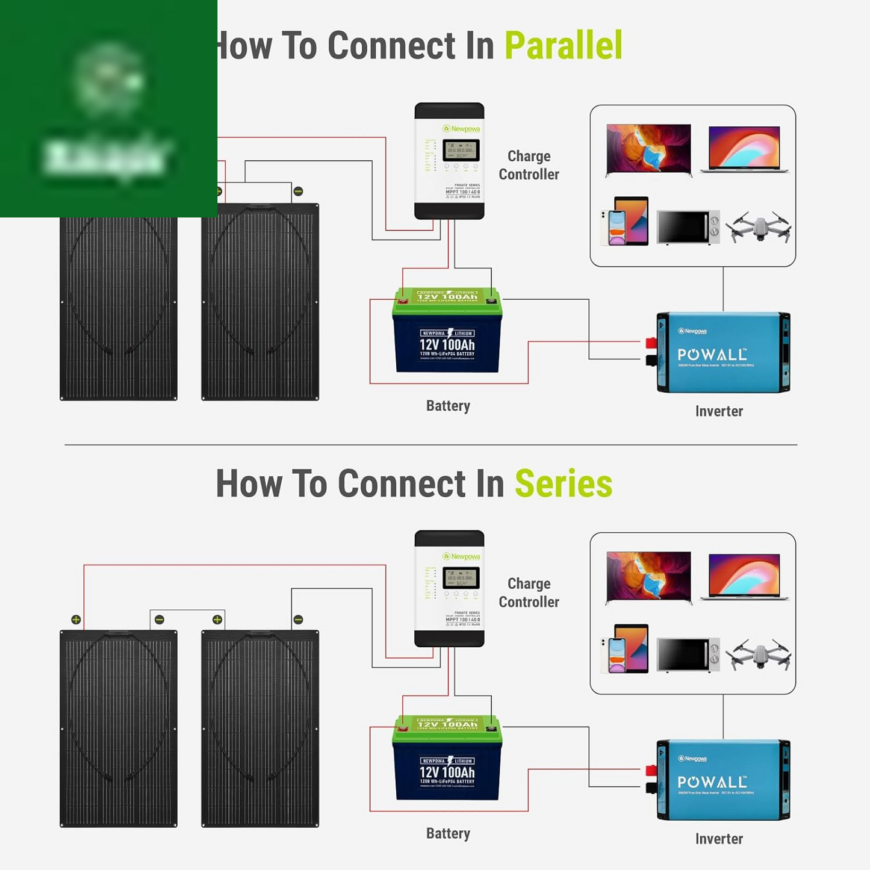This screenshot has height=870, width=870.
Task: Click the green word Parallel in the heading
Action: [x=563, y=46]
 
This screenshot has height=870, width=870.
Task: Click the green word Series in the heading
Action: [x=564, y=484]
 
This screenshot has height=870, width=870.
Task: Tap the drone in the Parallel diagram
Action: [x=758, y=227]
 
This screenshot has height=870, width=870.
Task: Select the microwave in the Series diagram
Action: [x=688, y=654]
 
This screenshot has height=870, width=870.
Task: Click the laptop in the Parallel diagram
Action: [x=745, y=149]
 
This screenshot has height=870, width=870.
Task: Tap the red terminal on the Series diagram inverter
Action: [x=651, y=771]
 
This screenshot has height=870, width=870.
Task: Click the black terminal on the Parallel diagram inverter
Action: [x=651, y=360]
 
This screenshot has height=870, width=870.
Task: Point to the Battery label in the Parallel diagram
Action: [x=448, y=406]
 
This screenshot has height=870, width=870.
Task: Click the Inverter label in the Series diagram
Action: [x=719, y=839]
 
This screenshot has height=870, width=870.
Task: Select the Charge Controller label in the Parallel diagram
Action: [x=529, y=166]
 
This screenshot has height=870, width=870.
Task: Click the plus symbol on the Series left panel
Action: [x=76, y=620]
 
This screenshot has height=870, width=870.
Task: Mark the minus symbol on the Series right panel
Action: [x=298, y=620]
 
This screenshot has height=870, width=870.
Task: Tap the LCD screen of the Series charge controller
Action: [x=461, y=578]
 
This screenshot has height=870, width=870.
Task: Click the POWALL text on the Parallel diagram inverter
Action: [x=712, y=355]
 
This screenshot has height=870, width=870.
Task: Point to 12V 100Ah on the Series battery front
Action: [x=447, y=772]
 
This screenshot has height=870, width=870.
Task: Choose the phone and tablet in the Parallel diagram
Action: [x=624, y=222]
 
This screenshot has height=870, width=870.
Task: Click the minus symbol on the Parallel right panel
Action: [x=298, y=191]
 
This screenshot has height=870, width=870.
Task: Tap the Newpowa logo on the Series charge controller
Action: [x=461, y=556]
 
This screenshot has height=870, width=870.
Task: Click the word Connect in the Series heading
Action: [x=402, y=484]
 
